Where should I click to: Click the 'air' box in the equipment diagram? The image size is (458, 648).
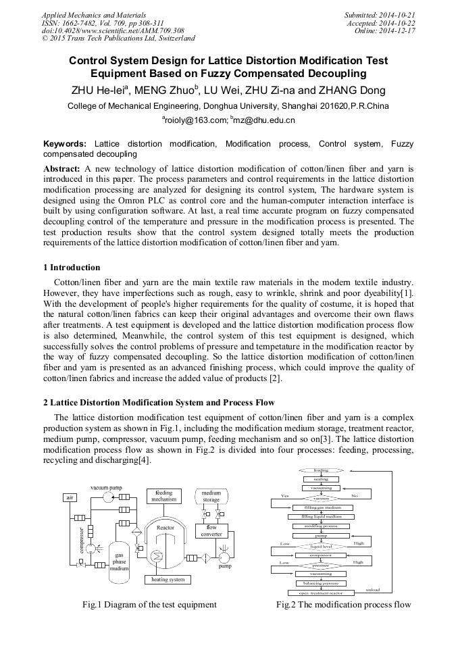[x=70, y=497]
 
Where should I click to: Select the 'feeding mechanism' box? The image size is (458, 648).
[x=164, y=496]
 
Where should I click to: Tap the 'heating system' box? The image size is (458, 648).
[x=168, y=579]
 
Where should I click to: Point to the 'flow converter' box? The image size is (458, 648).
[x=211, y=531]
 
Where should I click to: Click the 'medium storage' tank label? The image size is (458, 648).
[x=211, y=497]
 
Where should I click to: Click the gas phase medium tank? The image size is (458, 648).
[x=119, y=562]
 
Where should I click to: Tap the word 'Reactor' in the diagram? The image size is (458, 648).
[x=165, y=528]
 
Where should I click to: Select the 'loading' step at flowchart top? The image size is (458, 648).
[x=321, y=470]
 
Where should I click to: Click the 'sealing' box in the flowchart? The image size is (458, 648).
[x=321, y=479]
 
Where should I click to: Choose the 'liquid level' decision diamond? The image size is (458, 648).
[x=321, y=546]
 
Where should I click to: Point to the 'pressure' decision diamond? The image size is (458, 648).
[x=321, y=565]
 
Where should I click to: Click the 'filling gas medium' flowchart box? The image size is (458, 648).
[x=322, y=507]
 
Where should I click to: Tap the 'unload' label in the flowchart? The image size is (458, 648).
[x=372, y=589]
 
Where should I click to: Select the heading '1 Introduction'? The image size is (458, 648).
[x=71, y=268]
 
